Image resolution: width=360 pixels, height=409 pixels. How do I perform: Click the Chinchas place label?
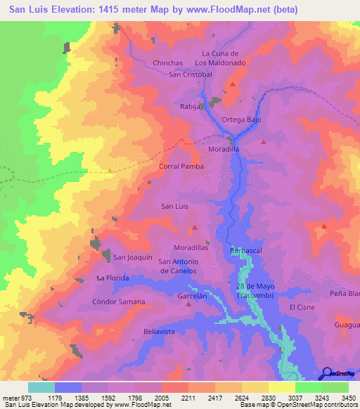[168, 63]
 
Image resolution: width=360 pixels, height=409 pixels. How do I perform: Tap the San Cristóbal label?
[190, 74]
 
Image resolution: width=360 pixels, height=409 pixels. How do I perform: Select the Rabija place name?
[191, 107]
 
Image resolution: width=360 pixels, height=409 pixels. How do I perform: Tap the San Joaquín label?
[133, 257]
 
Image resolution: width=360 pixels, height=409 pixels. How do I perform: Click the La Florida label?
[115, 278]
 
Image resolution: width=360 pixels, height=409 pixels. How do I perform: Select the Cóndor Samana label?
[118, 301]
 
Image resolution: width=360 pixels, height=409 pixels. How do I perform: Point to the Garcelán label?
[192, 297]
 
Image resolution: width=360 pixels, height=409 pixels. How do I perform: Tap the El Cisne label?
[301, 308]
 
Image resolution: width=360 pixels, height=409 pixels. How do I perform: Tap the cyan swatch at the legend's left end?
[41, 387]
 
